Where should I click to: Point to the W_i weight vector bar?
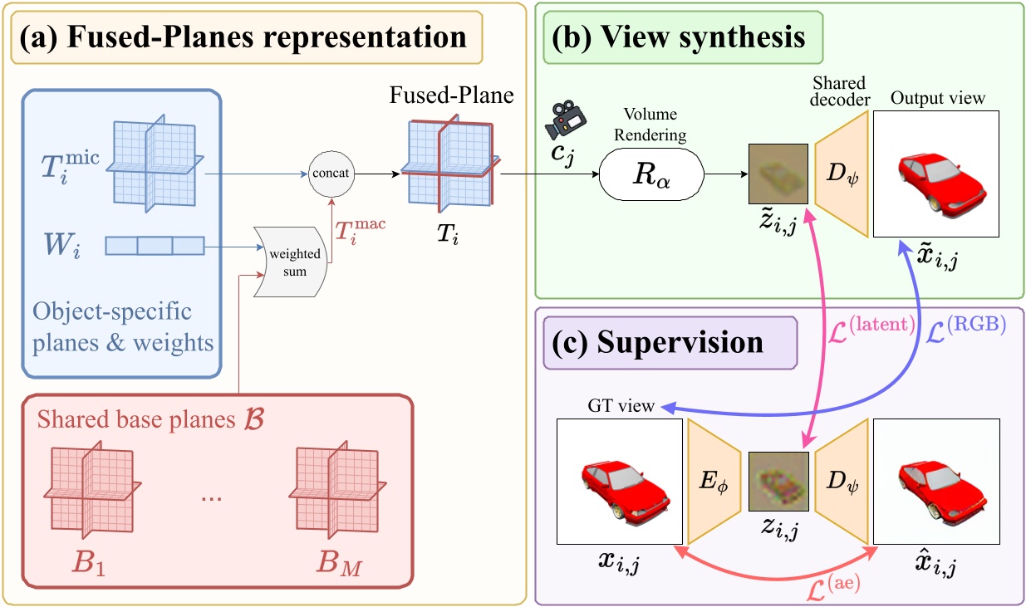[155, 246]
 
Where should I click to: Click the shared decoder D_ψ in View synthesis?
[842, 175]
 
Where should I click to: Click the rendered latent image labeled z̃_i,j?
[778, 175]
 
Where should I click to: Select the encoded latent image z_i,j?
[778, 481]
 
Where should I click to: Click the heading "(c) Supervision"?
[664, 341]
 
